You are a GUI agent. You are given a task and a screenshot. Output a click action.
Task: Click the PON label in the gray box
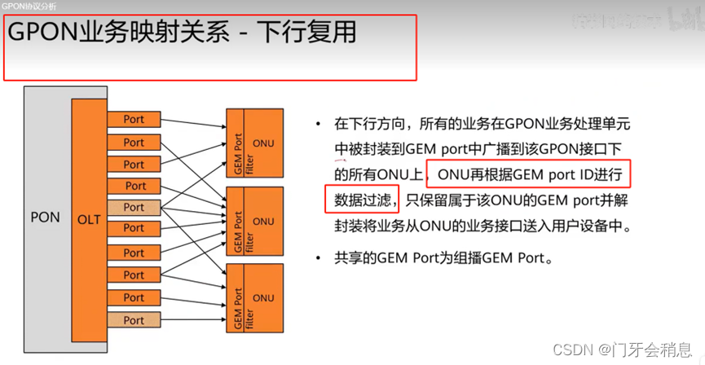click(x=45, y=218)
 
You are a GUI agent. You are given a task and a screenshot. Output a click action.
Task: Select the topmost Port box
click(x=134, y=120)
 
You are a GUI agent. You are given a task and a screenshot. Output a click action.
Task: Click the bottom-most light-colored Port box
click(x=134, y=320)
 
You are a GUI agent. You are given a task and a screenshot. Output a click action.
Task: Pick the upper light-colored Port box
click(x=134, y=208)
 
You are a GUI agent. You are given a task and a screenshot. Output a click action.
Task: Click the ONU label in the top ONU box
click(x=264, y=143)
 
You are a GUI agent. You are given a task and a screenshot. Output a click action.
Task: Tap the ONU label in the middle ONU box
click(x=264, y=221)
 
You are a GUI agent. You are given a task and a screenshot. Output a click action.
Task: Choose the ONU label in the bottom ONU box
click(x=264, y=298)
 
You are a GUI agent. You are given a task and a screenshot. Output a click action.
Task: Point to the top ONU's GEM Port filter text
click(x=237, y=143)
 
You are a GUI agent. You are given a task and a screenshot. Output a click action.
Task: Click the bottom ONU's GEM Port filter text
click(x=237, y=298)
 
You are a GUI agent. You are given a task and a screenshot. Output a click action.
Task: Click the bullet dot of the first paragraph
click(x=319, y=125)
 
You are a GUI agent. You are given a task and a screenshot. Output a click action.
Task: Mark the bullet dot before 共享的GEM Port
click(x=319, y=259)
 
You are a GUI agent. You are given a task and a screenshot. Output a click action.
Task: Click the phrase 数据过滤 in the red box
click(x=359, y=199)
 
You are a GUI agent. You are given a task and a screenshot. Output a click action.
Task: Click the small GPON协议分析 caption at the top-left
click(x=29, y=7)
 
